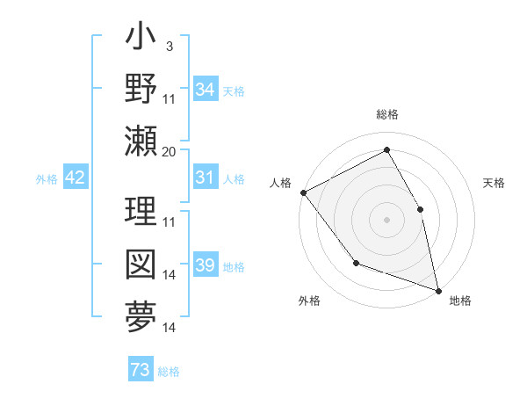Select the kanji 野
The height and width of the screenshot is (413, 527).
coord(141,89)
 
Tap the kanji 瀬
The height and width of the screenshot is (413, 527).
coord(141,141)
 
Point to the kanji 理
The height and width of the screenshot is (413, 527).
coord(141,212)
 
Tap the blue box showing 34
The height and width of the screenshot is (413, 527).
coord(205,90)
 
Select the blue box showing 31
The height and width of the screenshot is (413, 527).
coord(205,178)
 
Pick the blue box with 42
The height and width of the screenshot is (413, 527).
coord(75,178)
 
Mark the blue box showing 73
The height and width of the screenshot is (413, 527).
coord(141,371)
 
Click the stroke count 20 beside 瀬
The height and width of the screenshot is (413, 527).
coord(170,151)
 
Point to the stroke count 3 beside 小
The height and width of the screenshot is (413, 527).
coord(169,46)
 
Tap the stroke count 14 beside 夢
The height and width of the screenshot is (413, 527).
coord(170,328)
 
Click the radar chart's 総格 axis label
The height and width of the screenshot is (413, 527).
coord(387,114)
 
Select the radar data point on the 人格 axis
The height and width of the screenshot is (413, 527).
coord(303,192)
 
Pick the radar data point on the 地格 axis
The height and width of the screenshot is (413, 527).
coord(438,290)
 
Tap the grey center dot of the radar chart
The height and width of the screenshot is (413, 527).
coord(387,220)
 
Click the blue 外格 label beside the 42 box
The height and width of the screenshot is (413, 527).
coord(46,179)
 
